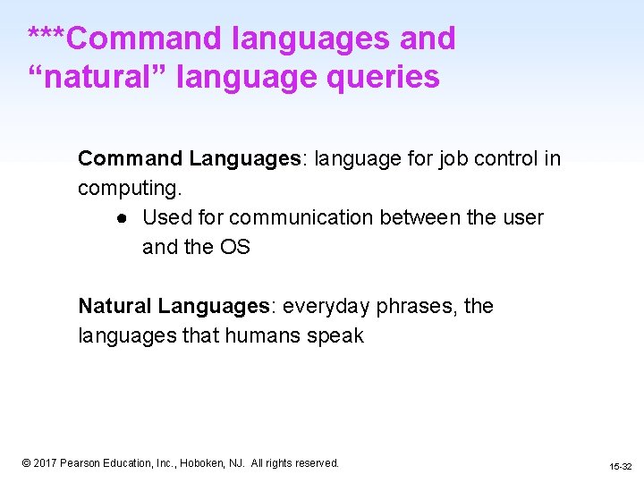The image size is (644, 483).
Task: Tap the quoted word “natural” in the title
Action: click(97, 77)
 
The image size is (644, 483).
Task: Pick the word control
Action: click(509, 159)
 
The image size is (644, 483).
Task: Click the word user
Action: click(524, 217)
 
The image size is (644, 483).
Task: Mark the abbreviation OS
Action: click(233, 247)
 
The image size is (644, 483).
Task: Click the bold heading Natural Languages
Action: click(174, 306)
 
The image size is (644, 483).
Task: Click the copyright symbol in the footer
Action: click(26, 463)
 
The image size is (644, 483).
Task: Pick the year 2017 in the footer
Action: click(45, 463)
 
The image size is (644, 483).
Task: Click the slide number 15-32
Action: click(620, 466)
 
